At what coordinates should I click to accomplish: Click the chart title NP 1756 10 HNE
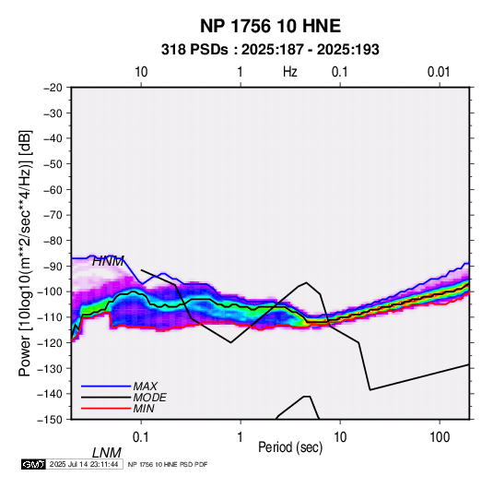point(270,26)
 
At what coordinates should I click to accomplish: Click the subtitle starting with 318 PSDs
point(270,50)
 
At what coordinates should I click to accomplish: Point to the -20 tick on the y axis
point(53,88)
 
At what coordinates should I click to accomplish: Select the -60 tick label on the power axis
point(53,189)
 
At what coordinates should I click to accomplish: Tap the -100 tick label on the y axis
point(51,292)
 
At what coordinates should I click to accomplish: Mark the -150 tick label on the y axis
point(51,420)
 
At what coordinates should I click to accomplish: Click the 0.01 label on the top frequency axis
point(439,72)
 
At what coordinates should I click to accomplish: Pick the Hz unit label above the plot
point(290,72)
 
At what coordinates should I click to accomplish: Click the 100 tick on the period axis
point(440,437)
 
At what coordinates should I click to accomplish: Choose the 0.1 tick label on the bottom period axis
point(141,437)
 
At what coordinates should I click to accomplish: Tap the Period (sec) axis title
point(290,447)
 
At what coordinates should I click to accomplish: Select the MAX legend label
point(145,387)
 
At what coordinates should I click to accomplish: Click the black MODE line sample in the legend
point(106,398)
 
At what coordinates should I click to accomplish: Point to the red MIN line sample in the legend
point(106,409)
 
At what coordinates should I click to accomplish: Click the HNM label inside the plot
point(108,261)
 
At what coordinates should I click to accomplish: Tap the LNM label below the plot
point(107,453)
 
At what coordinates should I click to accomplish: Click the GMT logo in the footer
point(33,464)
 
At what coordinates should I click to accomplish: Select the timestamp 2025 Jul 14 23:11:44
point(84,464)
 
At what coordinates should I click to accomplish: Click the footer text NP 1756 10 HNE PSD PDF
point(168,464)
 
